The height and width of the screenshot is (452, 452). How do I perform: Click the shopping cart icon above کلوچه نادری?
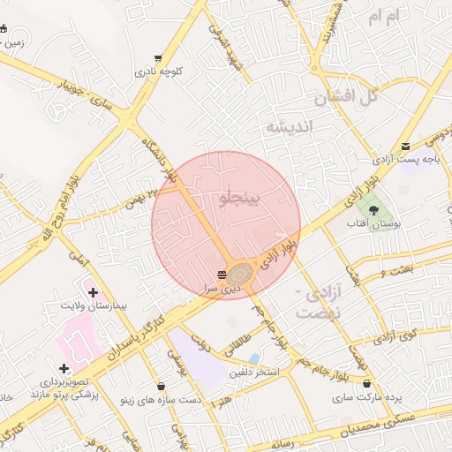click(x=158, y=57)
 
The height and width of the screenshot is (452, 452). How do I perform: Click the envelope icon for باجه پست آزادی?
click(x=405, y=147)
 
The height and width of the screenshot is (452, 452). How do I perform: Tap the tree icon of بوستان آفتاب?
click(x=374, y=210)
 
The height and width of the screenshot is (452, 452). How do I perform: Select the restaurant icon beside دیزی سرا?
click(x=221, y=274)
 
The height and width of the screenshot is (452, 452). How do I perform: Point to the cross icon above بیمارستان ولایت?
click(x=93, y=291)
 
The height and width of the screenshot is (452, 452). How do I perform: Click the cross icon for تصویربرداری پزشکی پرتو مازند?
click(x=63, y=368)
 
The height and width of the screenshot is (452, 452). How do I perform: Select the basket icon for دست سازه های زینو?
click(x=161, y=386)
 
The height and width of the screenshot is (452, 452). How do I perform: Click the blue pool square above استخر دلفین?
click(x=254, y=358)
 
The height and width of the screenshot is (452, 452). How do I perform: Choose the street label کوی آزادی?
click(x=395, y=335)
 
